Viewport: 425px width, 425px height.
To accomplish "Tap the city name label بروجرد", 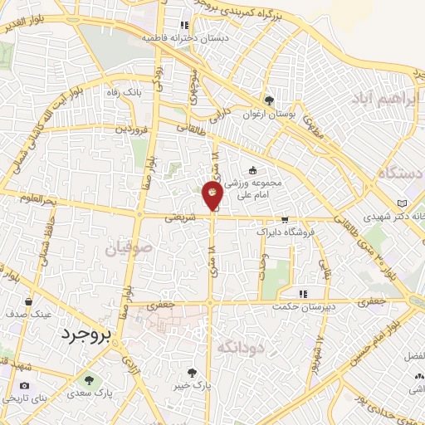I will pos(85,334).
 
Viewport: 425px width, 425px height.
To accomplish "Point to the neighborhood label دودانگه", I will pos(242,349).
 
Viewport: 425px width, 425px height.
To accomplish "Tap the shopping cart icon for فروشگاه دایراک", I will pos(285,221).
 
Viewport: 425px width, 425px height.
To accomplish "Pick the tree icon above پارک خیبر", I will pos(193,373).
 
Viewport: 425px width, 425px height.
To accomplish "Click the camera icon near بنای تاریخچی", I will pos(24,385).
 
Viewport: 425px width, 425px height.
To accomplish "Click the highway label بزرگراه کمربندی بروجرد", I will pos(262,11).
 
